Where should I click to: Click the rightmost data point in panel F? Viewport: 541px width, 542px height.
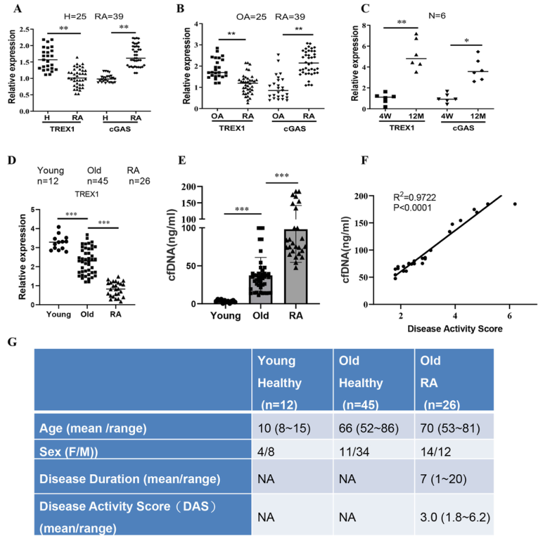coord(514,204)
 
